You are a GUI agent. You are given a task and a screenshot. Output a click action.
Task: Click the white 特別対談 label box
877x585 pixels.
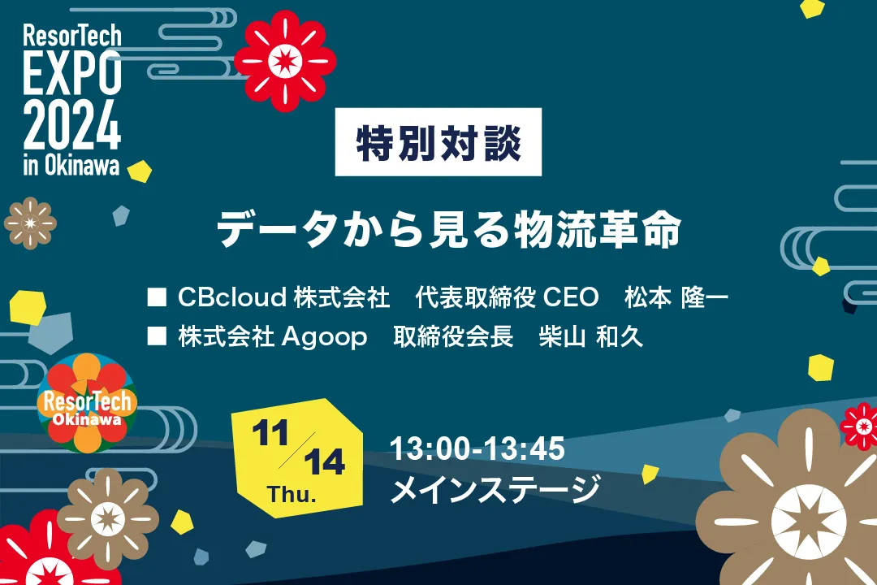[x=438, y=142]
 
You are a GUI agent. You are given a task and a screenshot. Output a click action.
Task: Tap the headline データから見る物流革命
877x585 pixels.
[x=448, y=229]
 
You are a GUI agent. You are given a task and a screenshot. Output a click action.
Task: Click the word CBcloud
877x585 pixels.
[x=232, y=297]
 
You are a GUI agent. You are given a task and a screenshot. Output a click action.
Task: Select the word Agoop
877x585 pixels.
[x=324, y=337]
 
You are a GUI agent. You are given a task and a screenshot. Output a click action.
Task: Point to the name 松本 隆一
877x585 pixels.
[x=676, y=297]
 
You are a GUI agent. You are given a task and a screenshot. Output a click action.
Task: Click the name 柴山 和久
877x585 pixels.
[x=590, y=337]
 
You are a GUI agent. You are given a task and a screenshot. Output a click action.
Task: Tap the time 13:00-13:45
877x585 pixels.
[x=477, y=448]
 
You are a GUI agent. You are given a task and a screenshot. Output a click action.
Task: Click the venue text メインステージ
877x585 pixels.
[x=495, y=488]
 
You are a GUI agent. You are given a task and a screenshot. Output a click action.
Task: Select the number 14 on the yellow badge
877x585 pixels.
[x=324, y=462]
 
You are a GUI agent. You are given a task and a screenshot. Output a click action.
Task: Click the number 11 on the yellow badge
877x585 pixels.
[x=270, y=433]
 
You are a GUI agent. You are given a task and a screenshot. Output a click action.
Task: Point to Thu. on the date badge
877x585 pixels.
[x=292, y=494]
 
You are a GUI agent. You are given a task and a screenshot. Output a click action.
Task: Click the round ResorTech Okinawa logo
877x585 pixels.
[x=87, y=403]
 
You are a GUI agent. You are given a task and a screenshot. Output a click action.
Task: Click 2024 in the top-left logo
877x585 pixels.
[x=72, y=125]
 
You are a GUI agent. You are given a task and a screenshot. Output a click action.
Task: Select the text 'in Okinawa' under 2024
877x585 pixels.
[x=71, y=165]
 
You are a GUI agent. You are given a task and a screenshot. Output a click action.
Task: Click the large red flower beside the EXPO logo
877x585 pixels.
[x=285, y=60]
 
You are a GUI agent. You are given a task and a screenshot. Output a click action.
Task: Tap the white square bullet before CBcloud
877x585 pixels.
[x=157, y=297]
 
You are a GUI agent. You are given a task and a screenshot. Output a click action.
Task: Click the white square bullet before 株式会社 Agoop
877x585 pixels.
[x=157, y=336]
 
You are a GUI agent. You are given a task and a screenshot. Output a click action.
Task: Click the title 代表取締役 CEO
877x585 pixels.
[x=507, y=297]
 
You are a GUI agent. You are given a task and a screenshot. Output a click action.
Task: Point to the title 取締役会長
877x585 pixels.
[x=453, y=337]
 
